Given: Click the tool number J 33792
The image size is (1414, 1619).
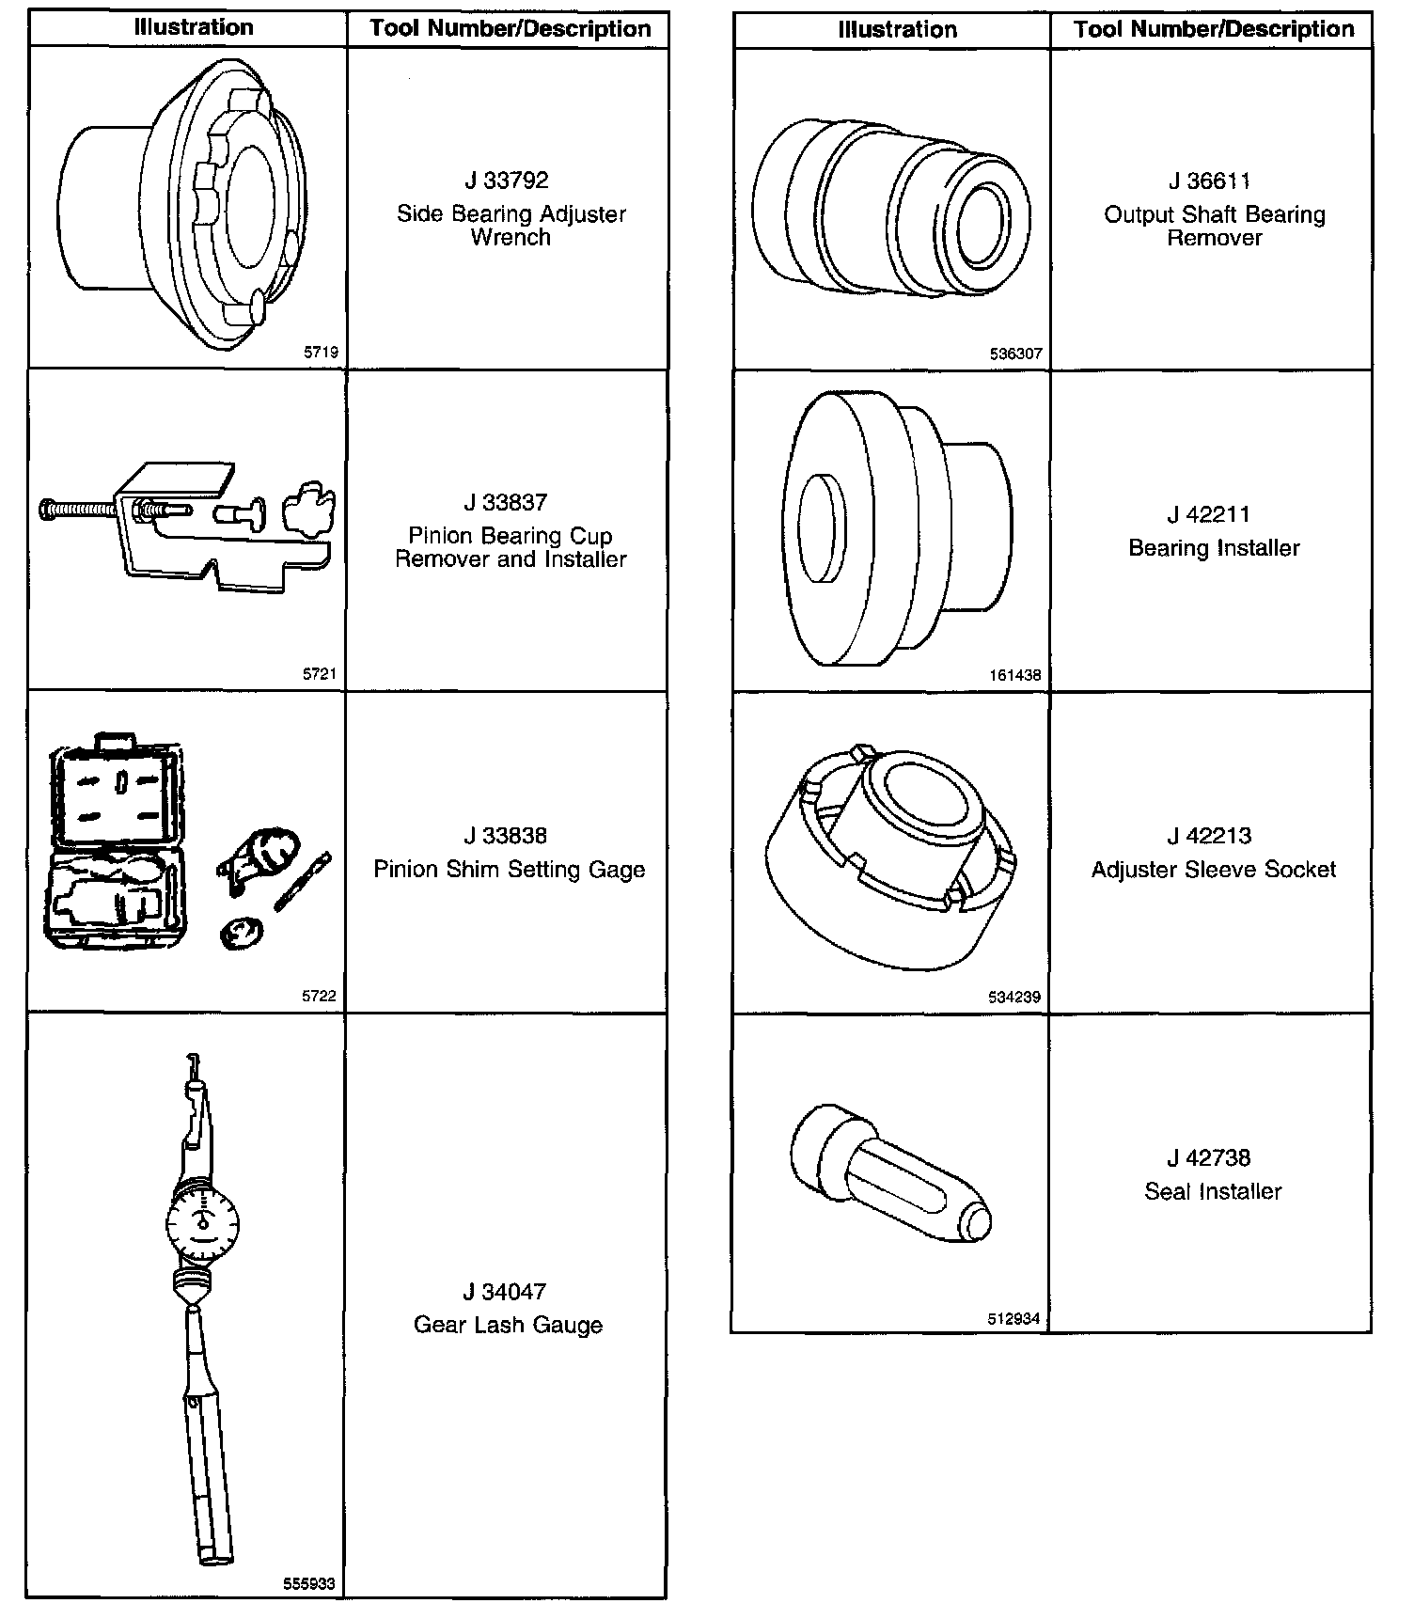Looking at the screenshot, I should pyautogui.click(x=506, y=180).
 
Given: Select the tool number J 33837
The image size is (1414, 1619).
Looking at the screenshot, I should pyautogui.click(x=506, y=502).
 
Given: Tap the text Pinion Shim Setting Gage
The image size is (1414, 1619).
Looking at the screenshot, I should pyautogui.click(x=509, y=869).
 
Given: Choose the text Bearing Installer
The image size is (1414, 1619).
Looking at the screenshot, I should pyautogui.click(x=1214, y=548).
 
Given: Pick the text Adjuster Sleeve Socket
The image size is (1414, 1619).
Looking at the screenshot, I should pyautogui.click(x=1213, y=870).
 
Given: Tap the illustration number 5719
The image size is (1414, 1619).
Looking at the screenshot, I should pyautogui.click(x=321, y=354).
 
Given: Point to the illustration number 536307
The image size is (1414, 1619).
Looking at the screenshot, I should pyautogui.click(x=1015, y=354).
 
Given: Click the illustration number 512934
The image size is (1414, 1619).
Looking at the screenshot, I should pyautogui.click(x=1013, y=1319).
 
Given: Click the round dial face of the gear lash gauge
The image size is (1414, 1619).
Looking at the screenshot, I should pyautogui.click(x=203, y=1225).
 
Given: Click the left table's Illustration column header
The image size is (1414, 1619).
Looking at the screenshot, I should pyautogui.click(x=194, y=27).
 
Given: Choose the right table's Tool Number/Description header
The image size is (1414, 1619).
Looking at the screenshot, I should pyautogui.click(x=1214, y=29).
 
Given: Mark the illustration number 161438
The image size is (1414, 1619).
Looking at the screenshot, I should pyautogui.click(x=1015, y=675).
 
